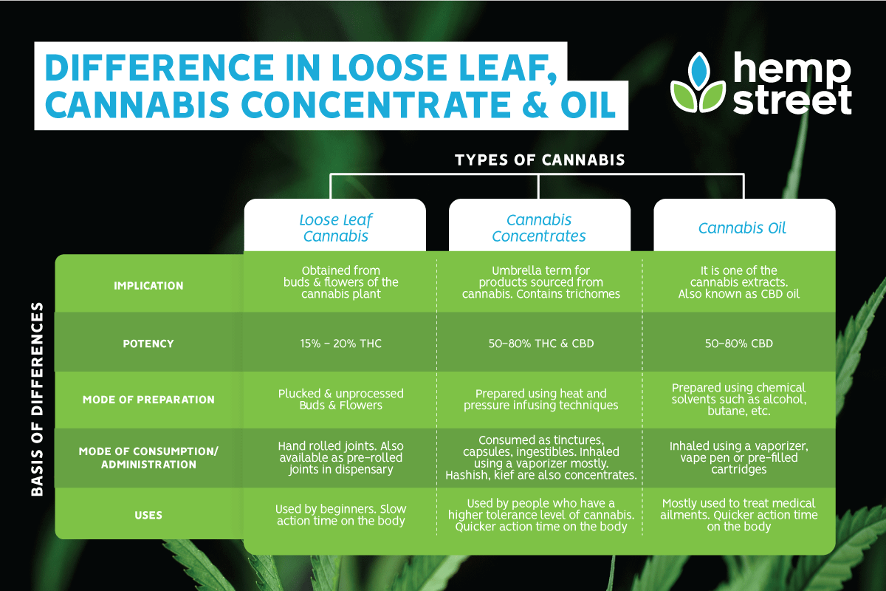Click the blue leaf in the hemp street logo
tap(698, 71)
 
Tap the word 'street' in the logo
tap(792, 100)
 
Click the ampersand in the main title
tap(536, 104)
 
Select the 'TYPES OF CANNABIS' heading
tap(540, 160)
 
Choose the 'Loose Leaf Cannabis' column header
tap(336, 228)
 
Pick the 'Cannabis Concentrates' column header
tap(539, 228)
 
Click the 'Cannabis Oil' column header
tap(742, 228)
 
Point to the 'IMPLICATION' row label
tap(148, 286)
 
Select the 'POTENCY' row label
tap(148, 344)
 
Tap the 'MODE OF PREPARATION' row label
tap(148, 400)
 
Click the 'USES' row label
tap(148, 515)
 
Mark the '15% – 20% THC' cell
tap(341, 344)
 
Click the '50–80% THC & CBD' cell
tap(541, 344)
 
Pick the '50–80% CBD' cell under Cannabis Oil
tap(739, 344)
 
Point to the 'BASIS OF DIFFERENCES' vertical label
tap(37, 399)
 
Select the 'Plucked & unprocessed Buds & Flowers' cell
tap(341, 400)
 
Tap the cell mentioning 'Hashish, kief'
tap(541, 457)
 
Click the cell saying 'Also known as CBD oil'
tap(739, 282)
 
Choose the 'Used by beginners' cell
tap(341, 515)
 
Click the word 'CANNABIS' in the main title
tap(137, 104)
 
